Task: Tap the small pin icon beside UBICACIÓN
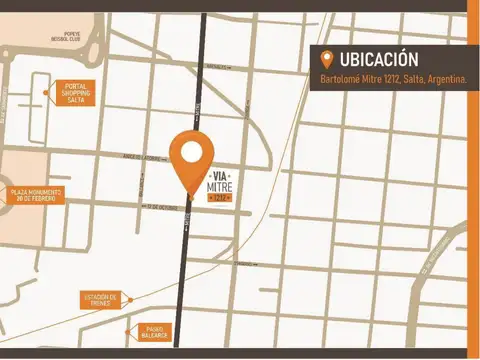tap(326, 59)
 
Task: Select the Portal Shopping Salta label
tap(76, 93)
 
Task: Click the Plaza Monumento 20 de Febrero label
tap(36, 195)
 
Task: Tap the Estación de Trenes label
tap(101, 298)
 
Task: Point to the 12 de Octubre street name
tap(160, 207)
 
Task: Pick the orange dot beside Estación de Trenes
tap(128, 298)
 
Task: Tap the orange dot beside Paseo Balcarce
tap(128, 331)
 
